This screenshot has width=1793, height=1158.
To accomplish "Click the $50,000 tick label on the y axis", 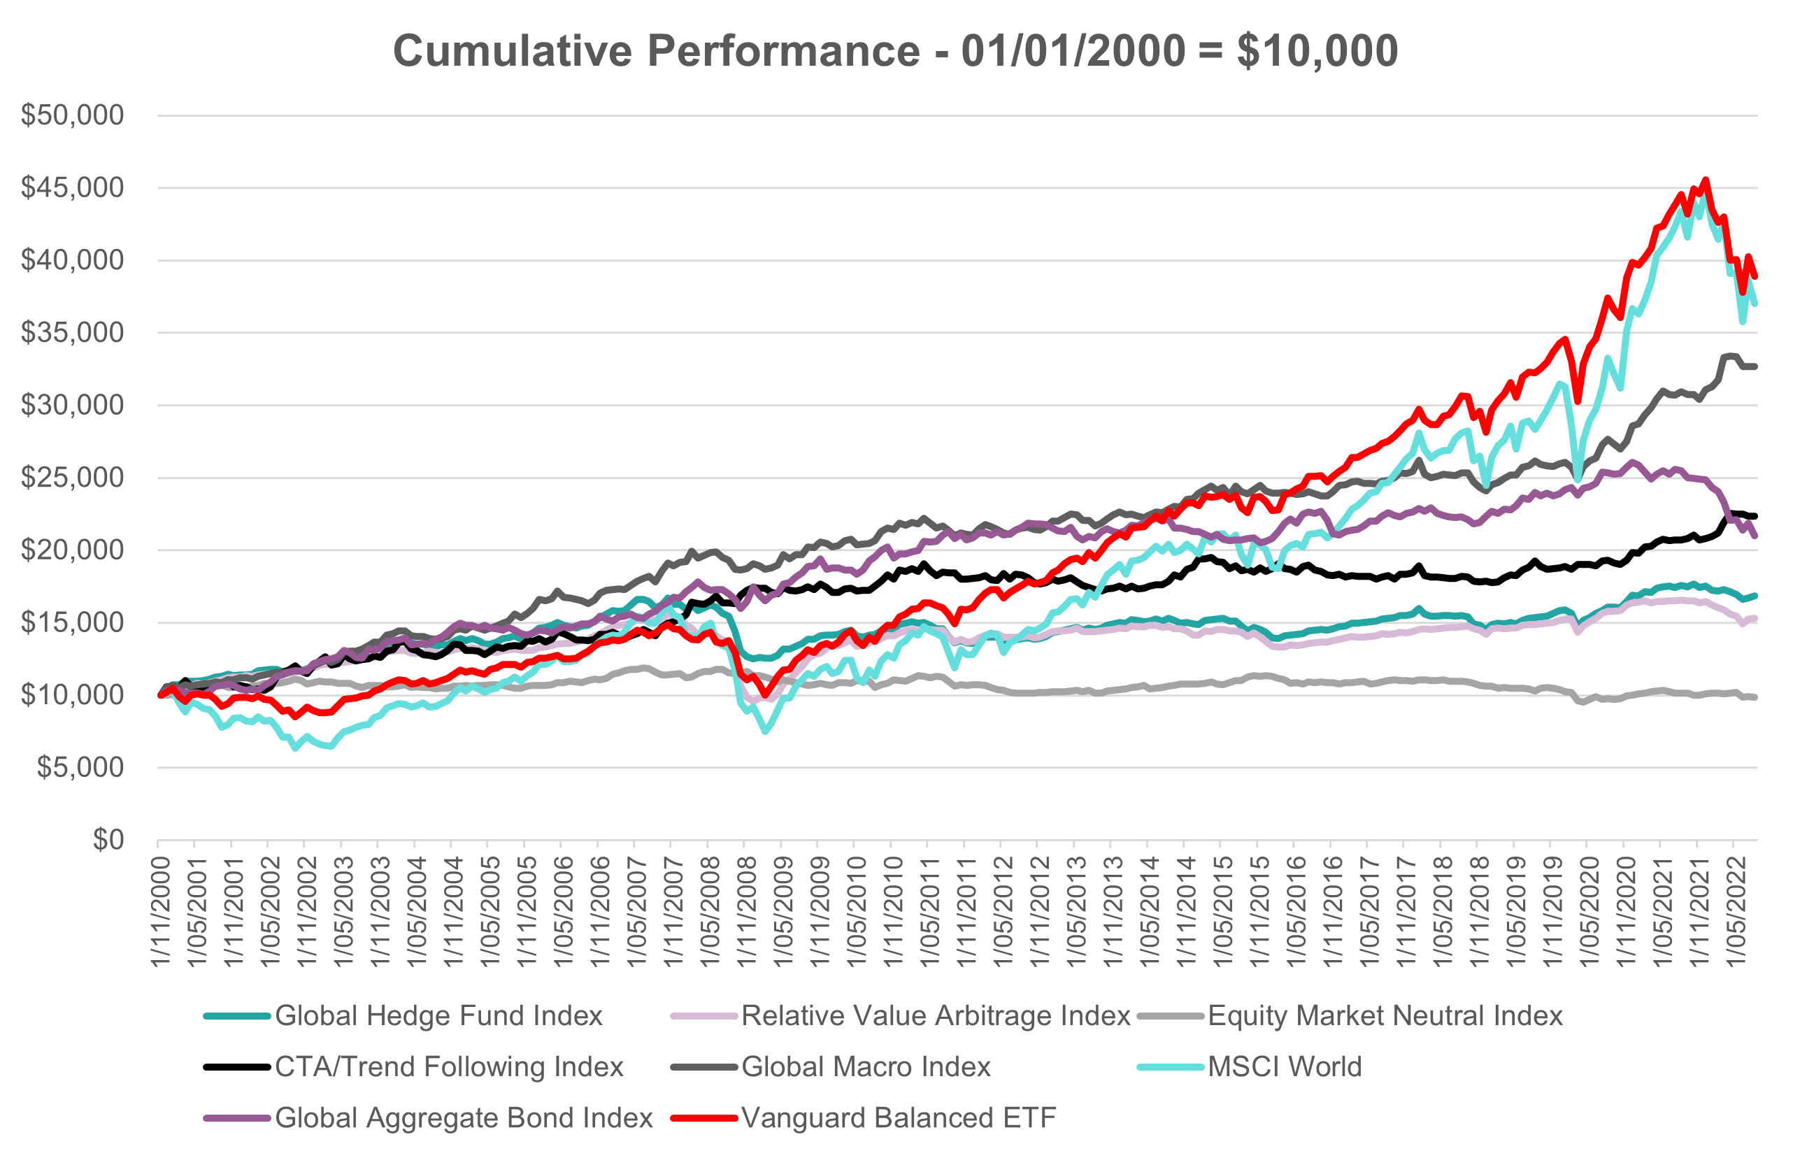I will point(72,115).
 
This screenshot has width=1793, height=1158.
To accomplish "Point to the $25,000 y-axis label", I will point(72,478).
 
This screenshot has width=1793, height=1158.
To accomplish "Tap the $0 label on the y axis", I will point(108,840).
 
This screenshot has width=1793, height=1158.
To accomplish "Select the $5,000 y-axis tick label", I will point(80,768).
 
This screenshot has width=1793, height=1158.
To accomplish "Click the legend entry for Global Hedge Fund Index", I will point(438,1016).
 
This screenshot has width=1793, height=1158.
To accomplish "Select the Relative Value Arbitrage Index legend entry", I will point(935,1016).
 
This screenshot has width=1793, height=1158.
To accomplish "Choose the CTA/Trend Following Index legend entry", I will point(449,1067).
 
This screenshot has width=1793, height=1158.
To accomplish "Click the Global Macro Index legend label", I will point(865,1067).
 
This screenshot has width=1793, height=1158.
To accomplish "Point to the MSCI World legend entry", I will point(1284,1067).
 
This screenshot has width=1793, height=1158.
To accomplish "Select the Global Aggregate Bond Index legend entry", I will point(463,1118).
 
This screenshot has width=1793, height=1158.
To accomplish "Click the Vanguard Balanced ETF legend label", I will point(899,1118).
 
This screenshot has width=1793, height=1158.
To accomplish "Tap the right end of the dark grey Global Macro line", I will point(1755,366).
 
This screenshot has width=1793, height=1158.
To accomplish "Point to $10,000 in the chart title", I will point(1317,51).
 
